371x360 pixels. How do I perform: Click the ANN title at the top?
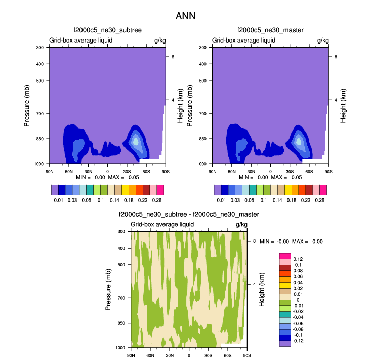pyautogui.click(x=185, y=16)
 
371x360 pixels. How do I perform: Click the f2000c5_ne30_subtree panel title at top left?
pyautogui.click(x=107, y=30)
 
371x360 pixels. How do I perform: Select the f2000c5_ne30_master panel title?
pyautogui.click(x=270, y=30)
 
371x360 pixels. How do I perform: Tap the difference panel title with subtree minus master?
pyautogui.click(x=189, y=215)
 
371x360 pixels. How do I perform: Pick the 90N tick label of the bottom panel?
pyautogui.click(x=131, y=356)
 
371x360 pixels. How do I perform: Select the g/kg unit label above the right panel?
pyautogui.click(x=323, y=40)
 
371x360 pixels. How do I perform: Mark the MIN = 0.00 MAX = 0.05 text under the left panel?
pyautogui.click(x=107, y=178)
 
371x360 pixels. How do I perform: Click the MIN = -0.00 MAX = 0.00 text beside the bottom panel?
pyautogui.click(x=291, y=242)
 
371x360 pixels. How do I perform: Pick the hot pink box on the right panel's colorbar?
pyautogui.click(x=323, y=190)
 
